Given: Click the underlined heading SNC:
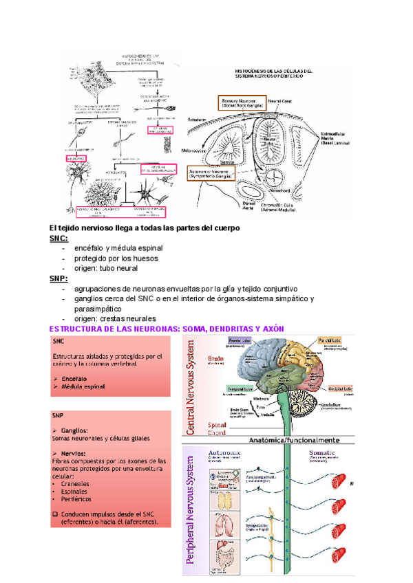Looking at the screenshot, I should [59, 238].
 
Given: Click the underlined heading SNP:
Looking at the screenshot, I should [59, 278].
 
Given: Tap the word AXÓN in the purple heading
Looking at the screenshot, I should [269, 329].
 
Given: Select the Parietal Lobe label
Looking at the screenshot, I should [330, 340].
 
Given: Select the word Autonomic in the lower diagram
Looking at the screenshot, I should [225, 452].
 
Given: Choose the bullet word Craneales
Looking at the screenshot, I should [75, 483].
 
